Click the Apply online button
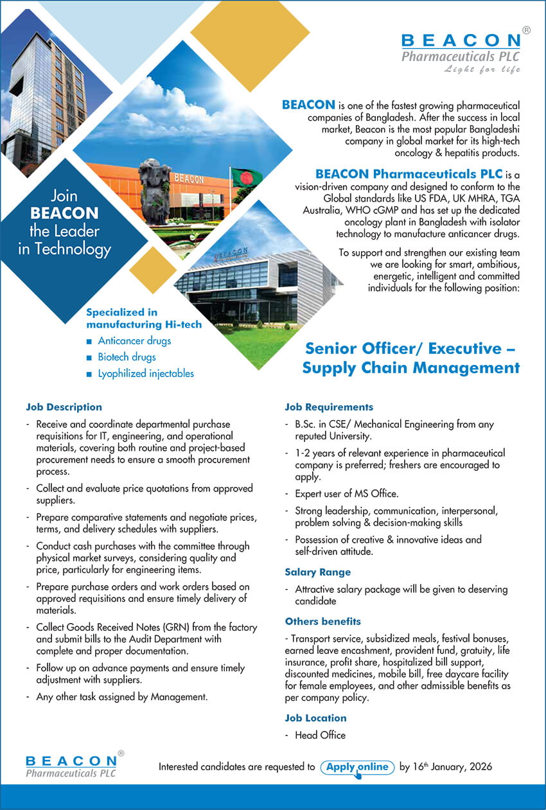tap(357, 767)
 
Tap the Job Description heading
tap(64, 407)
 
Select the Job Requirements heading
tap(329, 407)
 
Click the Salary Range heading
tap(317, 572)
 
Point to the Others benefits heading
tap(322, 621)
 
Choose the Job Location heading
tap(315, 718)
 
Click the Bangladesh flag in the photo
tap(246, 178)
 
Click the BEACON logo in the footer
tap(72, 766)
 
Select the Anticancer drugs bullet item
tap(134, 340)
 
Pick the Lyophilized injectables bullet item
tap(145, 373)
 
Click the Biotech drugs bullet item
tap(126, 357)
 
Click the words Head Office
tap(320, 735)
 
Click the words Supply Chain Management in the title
tap(411, 368)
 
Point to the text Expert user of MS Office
tap(346, 493)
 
